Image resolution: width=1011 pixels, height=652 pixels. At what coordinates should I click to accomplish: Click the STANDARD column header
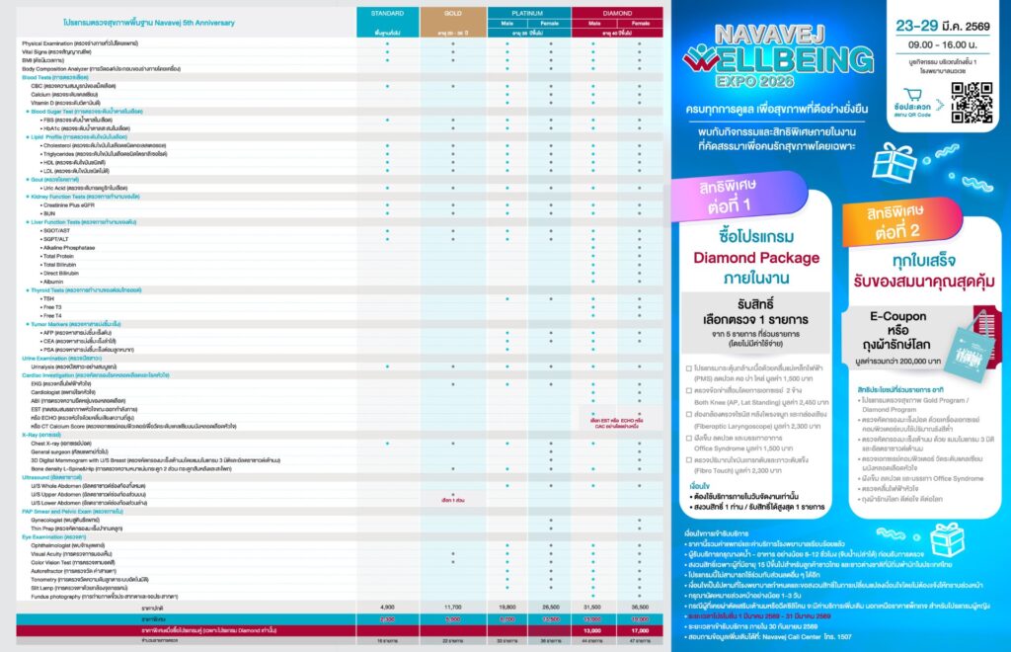point(387,13)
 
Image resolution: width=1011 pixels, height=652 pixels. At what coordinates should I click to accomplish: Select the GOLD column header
point(453,13)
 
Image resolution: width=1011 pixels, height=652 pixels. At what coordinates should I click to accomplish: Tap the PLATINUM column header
point(529,13)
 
